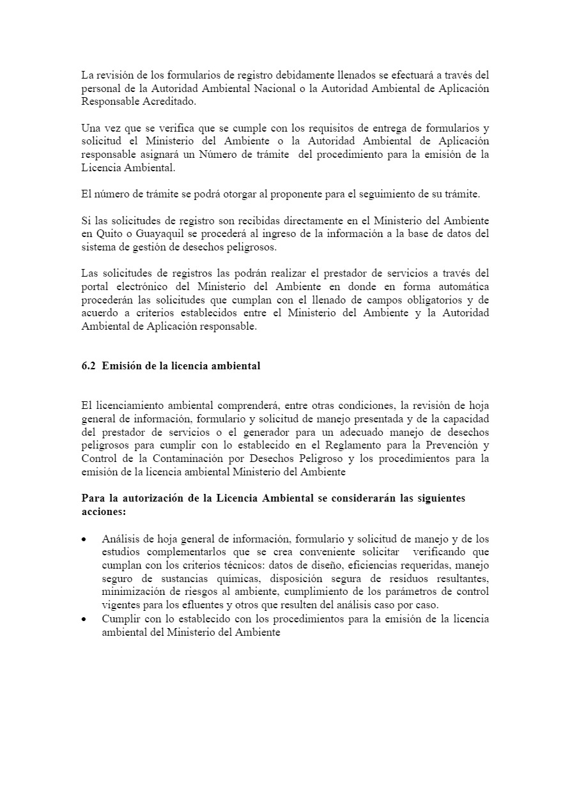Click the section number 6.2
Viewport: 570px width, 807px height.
(x=89, y=366)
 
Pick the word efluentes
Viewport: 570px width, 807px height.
(x=190, y=605)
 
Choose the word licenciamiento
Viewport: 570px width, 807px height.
(x=129, y=405)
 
